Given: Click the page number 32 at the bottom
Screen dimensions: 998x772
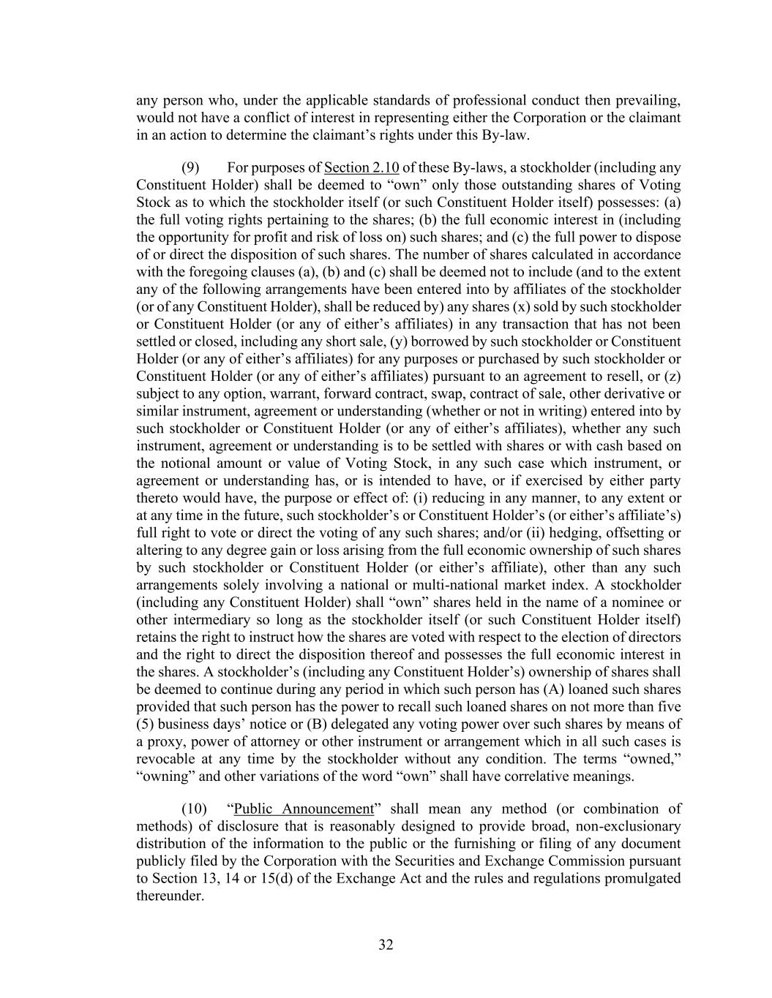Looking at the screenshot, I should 386,945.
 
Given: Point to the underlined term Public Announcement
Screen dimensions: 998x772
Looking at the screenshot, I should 303,809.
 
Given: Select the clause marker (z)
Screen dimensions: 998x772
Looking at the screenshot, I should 672,377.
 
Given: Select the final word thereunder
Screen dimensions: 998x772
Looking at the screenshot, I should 170,896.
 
